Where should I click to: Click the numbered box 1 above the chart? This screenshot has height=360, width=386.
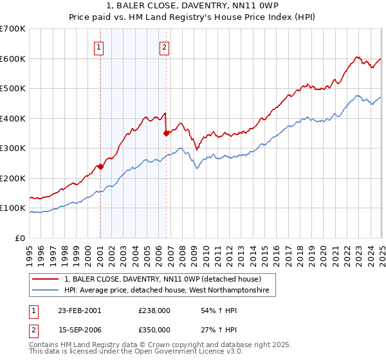100,46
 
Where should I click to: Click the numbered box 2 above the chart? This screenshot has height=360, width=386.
165,46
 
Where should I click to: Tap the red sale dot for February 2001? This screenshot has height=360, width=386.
100,166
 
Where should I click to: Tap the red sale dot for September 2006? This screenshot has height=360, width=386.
166,133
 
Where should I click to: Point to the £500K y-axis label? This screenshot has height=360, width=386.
13,89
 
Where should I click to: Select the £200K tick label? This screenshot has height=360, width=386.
13,179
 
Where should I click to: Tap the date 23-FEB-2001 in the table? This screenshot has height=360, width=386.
79,310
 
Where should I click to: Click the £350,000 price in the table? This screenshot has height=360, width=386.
154,329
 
